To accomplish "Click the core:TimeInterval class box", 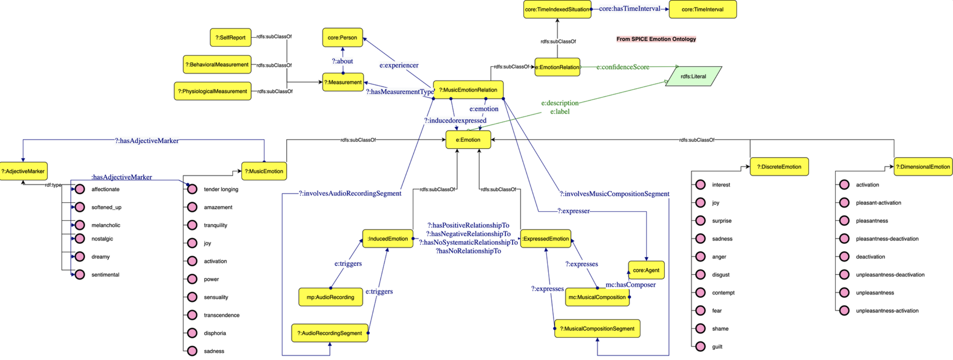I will pos(702,9).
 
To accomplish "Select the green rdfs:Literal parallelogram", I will pos(693,76).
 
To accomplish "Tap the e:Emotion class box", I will pos(468,140).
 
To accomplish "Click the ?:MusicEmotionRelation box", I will pos(468,90).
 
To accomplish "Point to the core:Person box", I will pos(342,37).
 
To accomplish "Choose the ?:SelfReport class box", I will pos(231,37).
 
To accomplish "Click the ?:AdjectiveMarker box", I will pos(23,171).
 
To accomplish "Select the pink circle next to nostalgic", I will pos(80,239).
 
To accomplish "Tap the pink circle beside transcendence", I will pos(192,315).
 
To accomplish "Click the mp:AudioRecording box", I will pos(330,297).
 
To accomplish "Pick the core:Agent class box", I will pos(646,270).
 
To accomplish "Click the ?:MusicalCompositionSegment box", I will pos(597,328).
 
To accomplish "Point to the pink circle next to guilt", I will pos(700,347).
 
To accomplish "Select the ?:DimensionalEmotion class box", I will pos(923,167).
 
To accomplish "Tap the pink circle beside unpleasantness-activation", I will pos(844,310).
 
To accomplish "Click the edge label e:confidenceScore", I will pos(623,67).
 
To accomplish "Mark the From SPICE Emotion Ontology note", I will pos(656,39).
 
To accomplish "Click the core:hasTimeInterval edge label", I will pos(629,9).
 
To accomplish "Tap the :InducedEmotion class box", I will pos(387,239).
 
